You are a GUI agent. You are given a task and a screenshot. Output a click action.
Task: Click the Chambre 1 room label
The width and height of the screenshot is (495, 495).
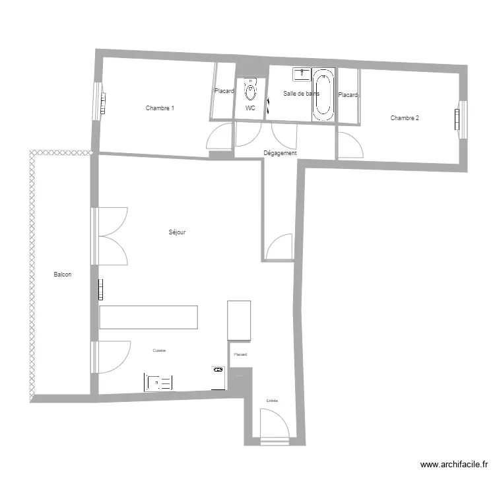[160, 108]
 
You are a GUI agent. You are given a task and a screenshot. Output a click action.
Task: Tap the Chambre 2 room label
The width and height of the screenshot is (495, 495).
[405, 118]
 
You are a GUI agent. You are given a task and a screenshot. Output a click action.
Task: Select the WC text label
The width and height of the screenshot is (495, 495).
[250, 108]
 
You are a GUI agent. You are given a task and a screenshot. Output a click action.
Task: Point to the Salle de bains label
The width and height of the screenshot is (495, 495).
[300, 94]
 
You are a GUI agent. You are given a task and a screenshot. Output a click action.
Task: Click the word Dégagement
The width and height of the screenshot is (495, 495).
[280, 153]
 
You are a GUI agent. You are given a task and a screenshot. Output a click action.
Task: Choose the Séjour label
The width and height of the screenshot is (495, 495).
[177, 232]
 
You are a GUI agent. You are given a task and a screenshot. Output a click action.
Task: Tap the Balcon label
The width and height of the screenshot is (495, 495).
[63, 275]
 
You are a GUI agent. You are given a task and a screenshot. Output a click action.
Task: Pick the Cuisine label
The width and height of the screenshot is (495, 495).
[159, 350]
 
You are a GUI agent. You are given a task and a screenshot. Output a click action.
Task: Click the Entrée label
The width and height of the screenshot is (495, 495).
[272, 401]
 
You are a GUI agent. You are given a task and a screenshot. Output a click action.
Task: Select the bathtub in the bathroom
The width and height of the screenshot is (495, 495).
[323, 95]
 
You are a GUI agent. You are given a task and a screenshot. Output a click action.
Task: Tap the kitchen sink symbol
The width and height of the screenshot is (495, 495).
[158, 382]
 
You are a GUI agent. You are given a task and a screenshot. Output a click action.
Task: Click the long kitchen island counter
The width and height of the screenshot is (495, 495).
[148, 317]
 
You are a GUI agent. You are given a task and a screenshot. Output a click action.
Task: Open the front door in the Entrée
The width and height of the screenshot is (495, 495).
[273, 426]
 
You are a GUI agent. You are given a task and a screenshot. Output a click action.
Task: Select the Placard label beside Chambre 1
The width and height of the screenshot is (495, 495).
[224, 91]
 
